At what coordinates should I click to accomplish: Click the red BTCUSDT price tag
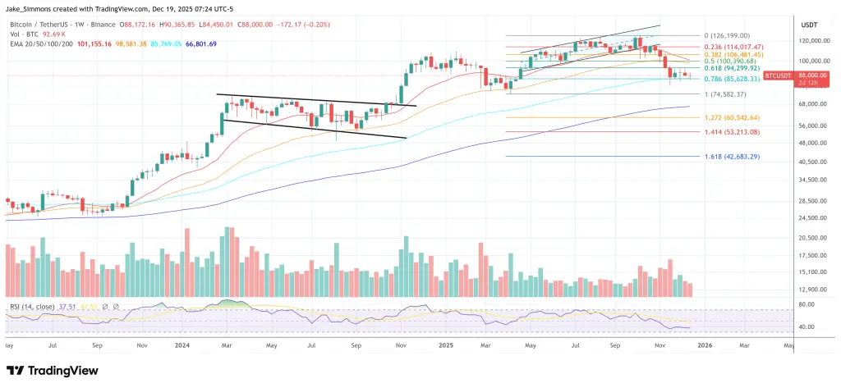coord(778,75)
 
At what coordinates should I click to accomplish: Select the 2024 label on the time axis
coord(184,345)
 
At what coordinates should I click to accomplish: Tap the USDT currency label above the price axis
coord(811,25)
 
